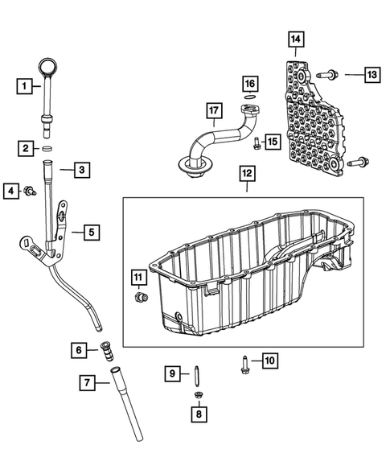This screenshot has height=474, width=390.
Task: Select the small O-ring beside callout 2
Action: pyautogui.click(x=47, y=149)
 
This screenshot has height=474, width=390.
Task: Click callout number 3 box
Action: pyautogui.click(x=81, y=170)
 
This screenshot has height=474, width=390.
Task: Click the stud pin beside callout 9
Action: pyautogui.click(x=195, y=374)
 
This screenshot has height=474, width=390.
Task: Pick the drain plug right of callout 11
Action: pyautogui.click(x=142, y=299)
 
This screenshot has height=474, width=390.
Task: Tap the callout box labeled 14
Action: pyautogui.click(x=297, y=39)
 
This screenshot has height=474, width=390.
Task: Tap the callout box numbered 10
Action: pyautogui.click(x=269, y=361)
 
